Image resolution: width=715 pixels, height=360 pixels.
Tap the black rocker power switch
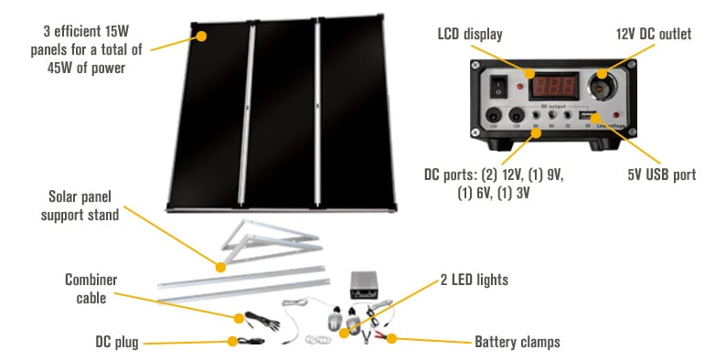pos(498,87)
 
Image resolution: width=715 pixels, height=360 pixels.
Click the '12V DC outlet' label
pos(652,35)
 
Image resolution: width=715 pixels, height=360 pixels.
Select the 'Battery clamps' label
pos(518,342)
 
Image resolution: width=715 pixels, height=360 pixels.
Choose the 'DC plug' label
pos(115,342)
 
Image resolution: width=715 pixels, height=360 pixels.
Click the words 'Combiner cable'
pos(91,288)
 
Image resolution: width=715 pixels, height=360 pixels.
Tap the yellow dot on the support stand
pos(219,268)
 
